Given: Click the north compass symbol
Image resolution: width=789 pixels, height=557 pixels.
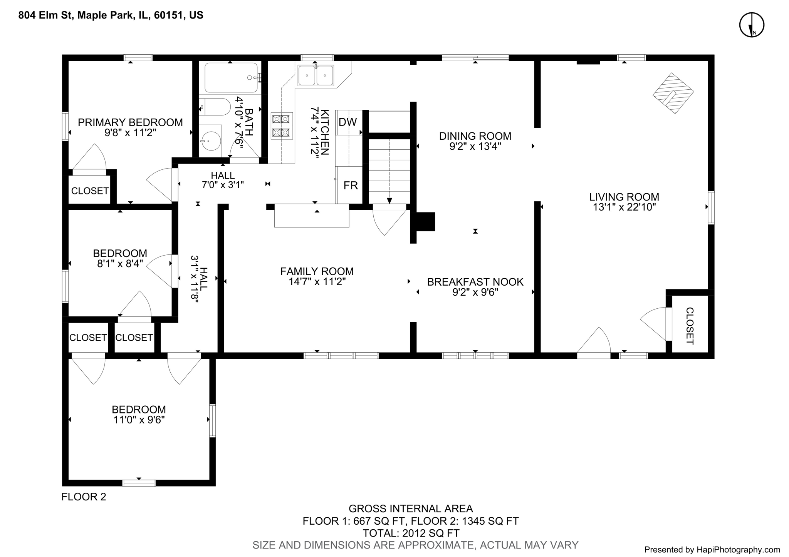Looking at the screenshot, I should (x=751, y=25).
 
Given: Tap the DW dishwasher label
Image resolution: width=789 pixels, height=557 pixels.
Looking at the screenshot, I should (x=347, y=122).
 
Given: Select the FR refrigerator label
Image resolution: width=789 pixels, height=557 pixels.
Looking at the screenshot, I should (x=351, y=186).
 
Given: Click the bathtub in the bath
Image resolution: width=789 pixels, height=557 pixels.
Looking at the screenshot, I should (x=231, y=77).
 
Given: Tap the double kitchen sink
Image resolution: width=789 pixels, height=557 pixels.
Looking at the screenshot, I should (x=316, y=75).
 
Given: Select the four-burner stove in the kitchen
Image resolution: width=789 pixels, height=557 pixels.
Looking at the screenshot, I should (x=282, y=125).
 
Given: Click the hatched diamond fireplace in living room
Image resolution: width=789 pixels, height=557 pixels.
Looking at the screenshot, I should (x=673, y=93).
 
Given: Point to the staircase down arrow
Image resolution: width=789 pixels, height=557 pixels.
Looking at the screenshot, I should (x=389, y=200).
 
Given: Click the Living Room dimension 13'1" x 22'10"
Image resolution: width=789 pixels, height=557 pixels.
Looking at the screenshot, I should (x=624, y=207).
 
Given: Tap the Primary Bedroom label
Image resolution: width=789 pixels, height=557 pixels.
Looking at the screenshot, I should (x=130, y=122).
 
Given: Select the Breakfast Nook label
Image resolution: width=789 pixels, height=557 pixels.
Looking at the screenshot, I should (x=475, y=282).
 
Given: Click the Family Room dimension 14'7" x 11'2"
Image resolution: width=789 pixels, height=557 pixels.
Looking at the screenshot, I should (x=317, y=282).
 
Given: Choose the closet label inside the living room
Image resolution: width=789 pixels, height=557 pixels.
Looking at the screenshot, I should (x=690, y=326).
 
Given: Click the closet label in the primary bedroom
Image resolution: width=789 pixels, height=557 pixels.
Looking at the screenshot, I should (x=90, y=191).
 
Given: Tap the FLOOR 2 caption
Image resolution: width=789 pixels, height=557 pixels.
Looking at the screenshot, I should (x=84, y=497).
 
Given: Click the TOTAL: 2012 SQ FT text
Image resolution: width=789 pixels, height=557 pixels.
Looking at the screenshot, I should (x=411, y=533).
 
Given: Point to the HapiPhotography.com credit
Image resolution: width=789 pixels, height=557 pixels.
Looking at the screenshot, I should (x=712, y=550).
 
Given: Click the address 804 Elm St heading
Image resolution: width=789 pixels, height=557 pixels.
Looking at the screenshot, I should (x=111, y=15).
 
